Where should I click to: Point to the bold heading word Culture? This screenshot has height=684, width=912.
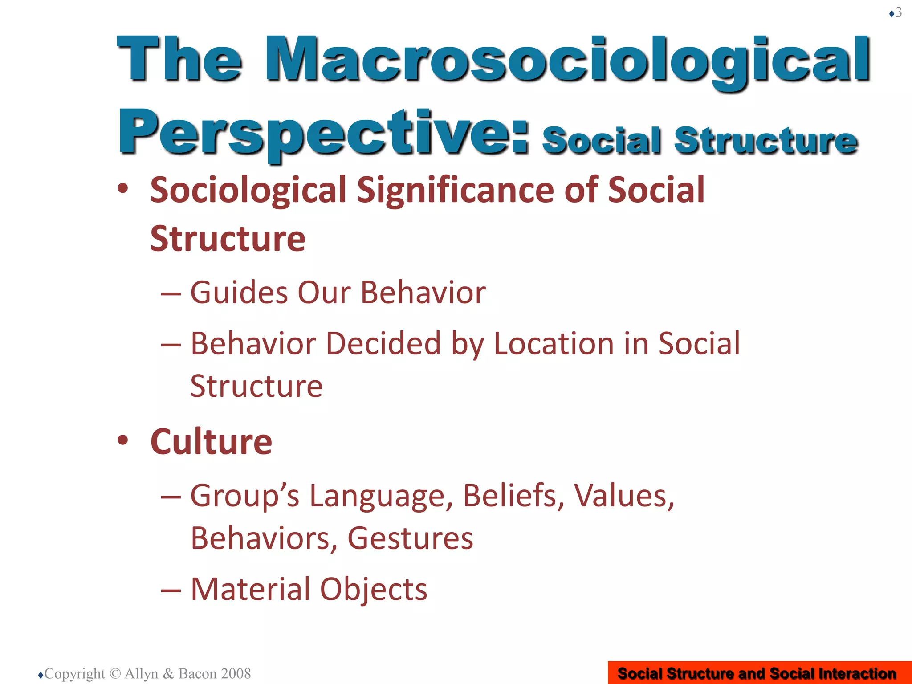coord(211,442)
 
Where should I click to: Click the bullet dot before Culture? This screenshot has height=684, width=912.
coord(123,440)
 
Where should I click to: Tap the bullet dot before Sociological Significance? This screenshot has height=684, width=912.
coord(123,188)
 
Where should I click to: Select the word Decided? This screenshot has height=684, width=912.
coord(383,344)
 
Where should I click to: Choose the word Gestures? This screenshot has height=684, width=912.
coord(410,538)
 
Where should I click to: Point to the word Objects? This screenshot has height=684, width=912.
coord(374,590)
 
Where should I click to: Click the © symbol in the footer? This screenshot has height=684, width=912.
coord(114,673)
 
